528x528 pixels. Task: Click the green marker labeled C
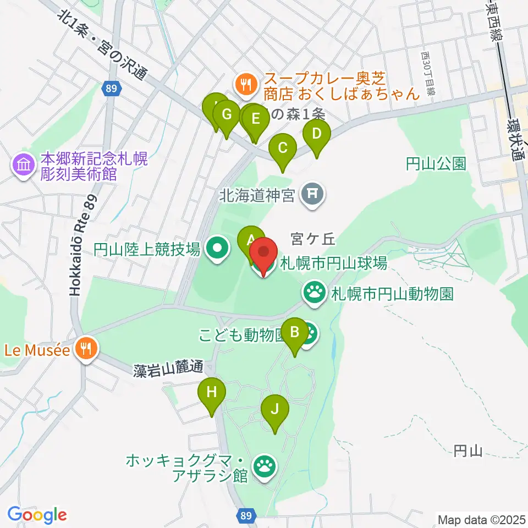(282, 148)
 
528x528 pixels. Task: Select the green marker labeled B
(294, 332)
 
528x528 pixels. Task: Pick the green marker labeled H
(212, 393)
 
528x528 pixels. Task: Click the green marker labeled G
(226, 115)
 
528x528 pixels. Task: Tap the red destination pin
(263, 254)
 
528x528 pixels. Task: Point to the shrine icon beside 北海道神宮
(313, 194)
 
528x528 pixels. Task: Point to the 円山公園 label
(436, 163)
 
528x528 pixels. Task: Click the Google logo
(37, 515)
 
